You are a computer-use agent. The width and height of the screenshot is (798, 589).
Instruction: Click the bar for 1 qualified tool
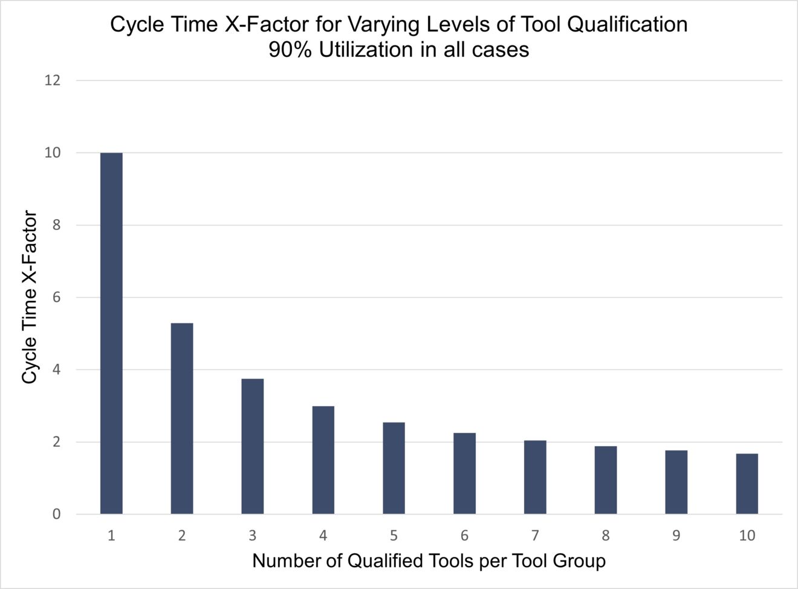point(111,333)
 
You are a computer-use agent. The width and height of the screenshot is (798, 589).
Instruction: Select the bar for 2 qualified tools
point(182,418)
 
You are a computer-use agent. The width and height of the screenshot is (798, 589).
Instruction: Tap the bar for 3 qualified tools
point(252,446)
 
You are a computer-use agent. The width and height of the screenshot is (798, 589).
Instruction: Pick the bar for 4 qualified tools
point(323,460)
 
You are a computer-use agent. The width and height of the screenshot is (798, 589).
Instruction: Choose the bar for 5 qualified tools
point(394,468)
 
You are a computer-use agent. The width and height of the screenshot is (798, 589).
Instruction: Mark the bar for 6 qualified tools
point(464,473)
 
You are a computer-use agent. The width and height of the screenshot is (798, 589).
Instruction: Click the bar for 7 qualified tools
point(535,477)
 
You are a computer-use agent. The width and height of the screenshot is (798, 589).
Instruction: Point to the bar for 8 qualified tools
point(605,480)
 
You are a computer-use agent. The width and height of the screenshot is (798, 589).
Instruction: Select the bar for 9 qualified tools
point(676,482)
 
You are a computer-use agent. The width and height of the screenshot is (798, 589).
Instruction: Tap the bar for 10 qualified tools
point(747,484)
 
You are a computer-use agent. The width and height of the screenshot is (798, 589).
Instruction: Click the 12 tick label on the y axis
point(53,81)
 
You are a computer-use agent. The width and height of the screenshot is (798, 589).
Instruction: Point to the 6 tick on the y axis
point(56,297)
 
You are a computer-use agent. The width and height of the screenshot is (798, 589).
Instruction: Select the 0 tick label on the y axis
point(56,514)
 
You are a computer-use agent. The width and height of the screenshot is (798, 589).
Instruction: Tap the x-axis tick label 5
point(394,536)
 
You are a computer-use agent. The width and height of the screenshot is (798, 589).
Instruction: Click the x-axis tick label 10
point(747,536)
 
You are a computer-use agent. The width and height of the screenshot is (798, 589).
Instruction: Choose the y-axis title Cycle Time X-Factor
point(30,297)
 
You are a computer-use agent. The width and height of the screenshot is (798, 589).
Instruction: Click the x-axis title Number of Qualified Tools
point(429,561)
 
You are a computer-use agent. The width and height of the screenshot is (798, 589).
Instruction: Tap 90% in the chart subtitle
point(290,50)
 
